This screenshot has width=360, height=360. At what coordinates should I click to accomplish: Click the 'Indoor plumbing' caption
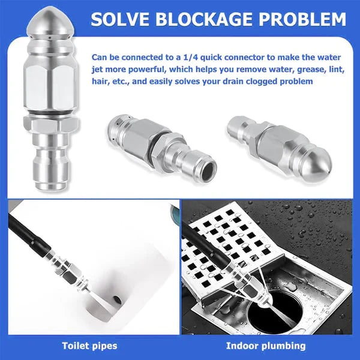click(x=266, y=345)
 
